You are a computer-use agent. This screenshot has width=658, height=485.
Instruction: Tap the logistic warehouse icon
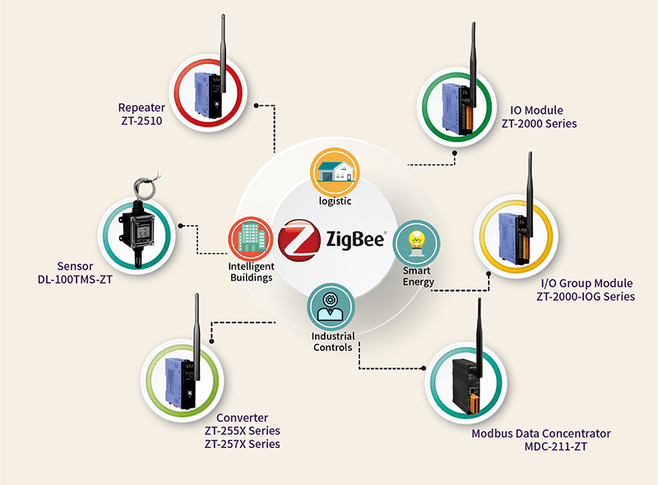[335, 171]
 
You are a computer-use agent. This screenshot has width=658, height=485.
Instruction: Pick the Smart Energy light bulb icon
[416, 243]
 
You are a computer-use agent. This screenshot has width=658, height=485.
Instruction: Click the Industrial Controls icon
[331, 307]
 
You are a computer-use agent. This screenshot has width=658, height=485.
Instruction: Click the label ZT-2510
[141, 121]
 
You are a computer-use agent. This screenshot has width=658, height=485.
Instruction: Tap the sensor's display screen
[142, 233]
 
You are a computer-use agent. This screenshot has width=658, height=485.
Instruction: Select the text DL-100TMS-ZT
[75, 279]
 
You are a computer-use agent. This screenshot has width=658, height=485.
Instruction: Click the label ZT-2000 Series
[539, 124]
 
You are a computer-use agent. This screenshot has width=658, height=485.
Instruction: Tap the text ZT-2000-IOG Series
[586, 297]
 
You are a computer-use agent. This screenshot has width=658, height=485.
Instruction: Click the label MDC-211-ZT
[555, 447]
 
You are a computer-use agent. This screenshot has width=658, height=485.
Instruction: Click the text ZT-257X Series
[242, 444]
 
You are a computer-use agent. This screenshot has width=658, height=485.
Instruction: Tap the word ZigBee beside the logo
[355, 239]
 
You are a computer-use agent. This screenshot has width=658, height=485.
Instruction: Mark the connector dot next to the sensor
[180, 226]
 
